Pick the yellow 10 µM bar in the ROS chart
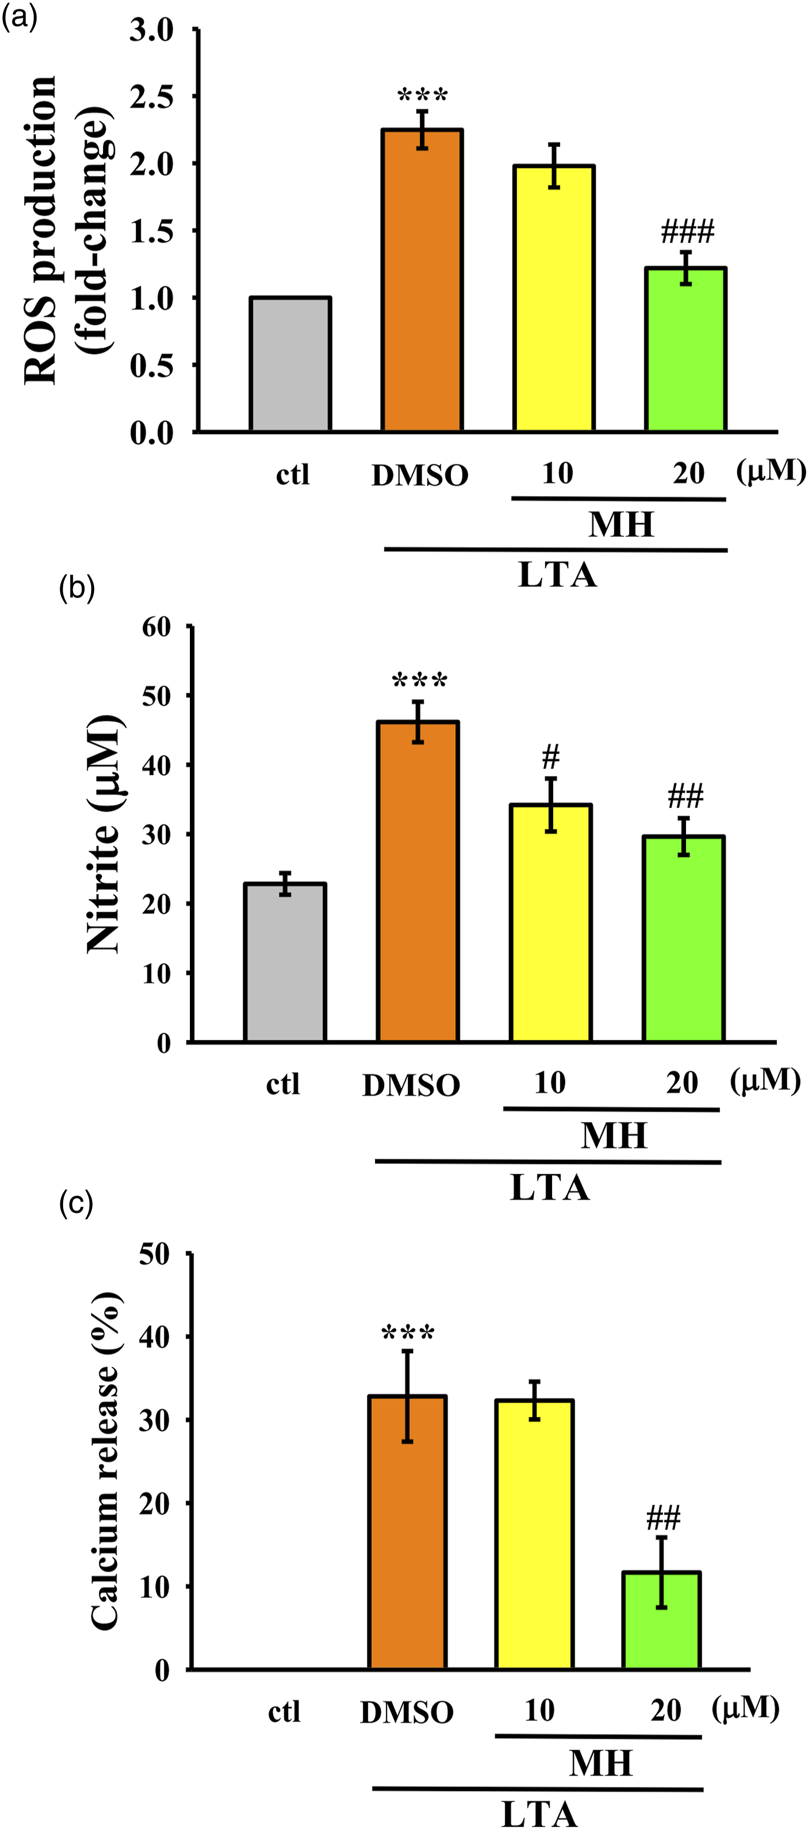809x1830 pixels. [554, 298]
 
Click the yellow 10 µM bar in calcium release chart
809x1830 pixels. [534, 1535]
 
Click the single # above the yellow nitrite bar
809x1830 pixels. [550, 757]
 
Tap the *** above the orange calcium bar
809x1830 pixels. [408, 1333]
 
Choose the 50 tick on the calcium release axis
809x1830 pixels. [154, 1254]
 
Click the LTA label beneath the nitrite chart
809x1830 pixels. [550, 1188]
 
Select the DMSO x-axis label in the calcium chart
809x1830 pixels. [406, 1713]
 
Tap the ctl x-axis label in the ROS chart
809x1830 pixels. [292, 474]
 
